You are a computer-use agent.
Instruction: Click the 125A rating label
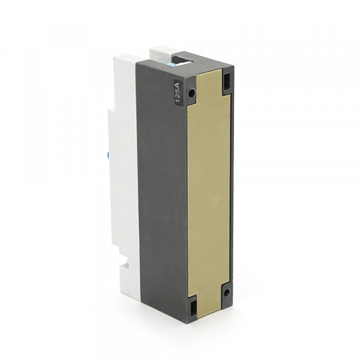178,93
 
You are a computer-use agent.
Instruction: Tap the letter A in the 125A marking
178,85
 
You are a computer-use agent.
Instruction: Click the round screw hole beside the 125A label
191,93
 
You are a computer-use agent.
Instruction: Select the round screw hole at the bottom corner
227,292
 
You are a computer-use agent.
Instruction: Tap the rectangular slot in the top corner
227,81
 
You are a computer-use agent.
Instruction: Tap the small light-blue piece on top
172,64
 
